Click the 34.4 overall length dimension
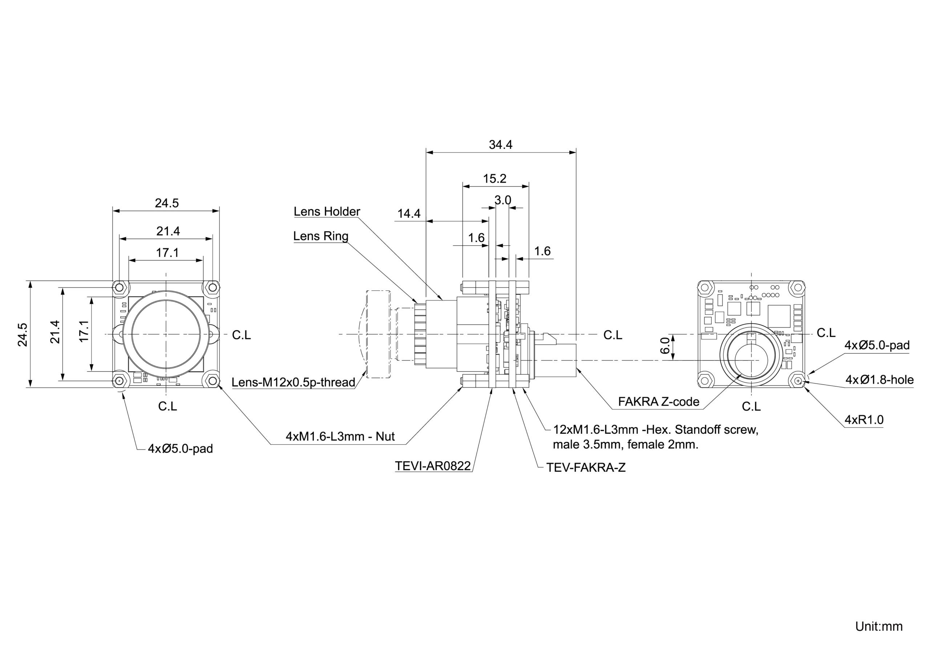click(x=500, y=145)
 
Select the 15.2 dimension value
click(x=494, y=179)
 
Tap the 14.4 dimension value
click(x=409, y=214)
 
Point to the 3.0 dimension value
click(x=503, y=200)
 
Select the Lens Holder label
click(x=327, y=211)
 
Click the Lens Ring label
click(x=320, y=236)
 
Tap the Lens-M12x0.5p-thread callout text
click(x=293, y=382)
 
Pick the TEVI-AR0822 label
click(x=433, y=466)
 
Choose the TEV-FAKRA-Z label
click(x=586, y=468)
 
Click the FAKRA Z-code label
click(x=659, y=401)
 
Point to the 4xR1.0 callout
click(x=864, y=420)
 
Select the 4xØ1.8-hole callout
click(x=880, y=380)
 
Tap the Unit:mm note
click(x=878, y=626)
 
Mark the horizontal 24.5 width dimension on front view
click(x=166, y=203)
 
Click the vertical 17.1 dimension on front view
click(x=84, y=331)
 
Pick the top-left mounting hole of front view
click(x=119, y=288)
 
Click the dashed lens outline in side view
click(x=378, y=334)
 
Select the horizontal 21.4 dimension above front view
click(x=168, y=231)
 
